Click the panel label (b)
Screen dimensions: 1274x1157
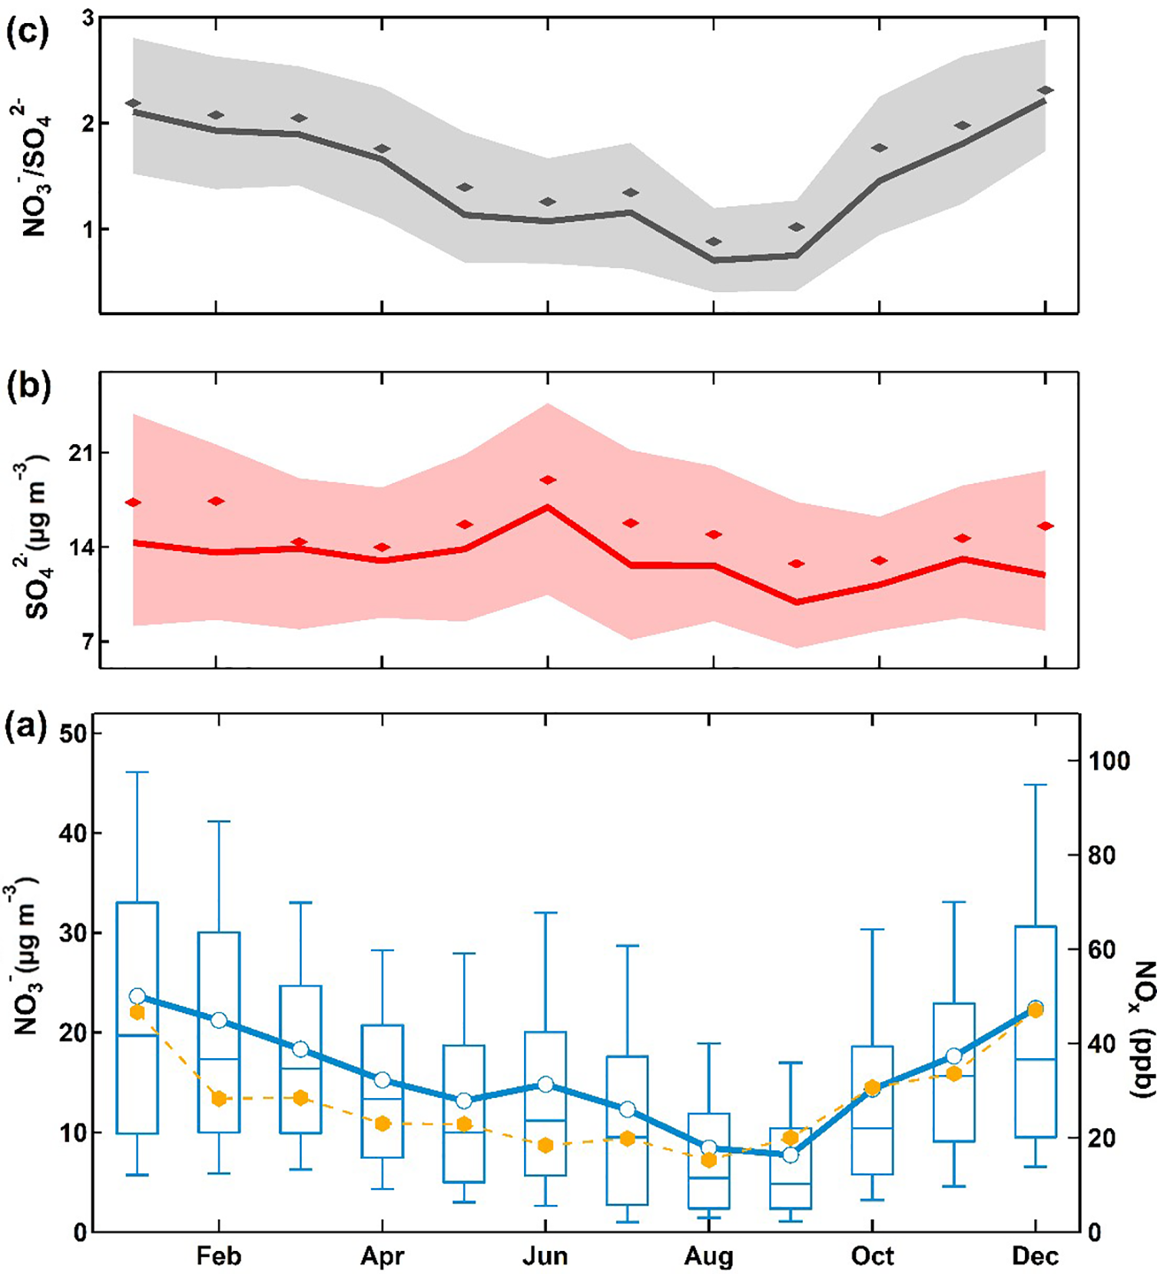coord(28,387)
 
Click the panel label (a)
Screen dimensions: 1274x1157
coord(28,725)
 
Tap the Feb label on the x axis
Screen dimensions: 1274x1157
coord(219,1256)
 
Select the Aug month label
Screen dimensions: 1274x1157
coord(708,1256)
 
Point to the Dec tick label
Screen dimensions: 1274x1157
coord(1035,1256)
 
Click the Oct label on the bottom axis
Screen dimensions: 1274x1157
coord(872,1256)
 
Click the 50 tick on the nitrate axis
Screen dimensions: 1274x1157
coord(74,734)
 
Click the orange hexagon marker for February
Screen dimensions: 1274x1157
coord(219,1099)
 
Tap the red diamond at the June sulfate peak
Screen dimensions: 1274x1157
coord(548,480)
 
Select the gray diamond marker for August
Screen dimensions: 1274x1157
coord(714,241)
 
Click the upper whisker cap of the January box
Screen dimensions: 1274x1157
coord(137,772)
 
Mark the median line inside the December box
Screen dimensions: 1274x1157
coord(1035,1059)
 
